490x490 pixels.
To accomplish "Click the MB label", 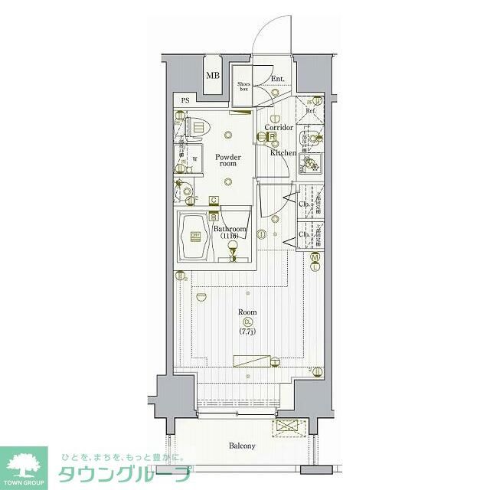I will [212, 75].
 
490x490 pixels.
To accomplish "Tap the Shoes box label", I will [243, 87].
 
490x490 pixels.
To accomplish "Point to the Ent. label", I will [277, 79].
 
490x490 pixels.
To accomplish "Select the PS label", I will [185, 101].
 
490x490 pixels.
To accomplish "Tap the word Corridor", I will [279, 128].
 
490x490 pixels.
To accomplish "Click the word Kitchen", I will [283, 152].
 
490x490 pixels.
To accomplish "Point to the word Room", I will [247, 312].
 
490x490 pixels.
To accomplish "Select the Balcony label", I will [241, 446].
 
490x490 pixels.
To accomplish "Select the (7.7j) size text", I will [247, 332].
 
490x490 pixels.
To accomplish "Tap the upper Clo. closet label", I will [303, 204].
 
